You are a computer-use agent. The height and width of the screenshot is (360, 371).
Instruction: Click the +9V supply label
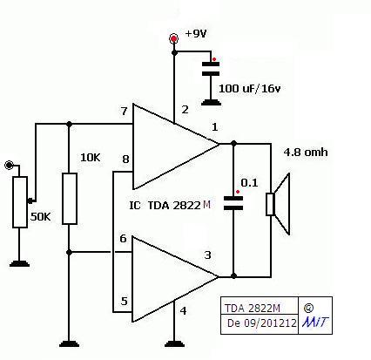coord(196,33)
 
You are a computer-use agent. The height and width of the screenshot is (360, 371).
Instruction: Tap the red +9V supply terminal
coord(174,38)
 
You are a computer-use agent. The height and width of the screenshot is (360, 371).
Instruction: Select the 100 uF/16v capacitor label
coord(250,88)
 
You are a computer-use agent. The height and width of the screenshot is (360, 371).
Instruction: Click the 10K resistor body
coord(70,199)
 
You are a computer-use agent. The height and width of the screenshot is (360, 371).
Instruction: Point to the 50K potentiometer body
coord(20,202)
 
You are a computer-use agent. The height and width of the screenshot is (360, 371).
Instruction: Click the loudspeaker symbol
coord(278,204)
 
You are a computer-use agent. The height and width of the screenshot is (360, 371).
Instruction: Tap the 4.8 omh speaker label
coord(306,153)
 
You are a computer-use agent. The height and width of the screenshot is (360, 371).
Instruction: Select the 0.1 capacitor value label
coord(249,183)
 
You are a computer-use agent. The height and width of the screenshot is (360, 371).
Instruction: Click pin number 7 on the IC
coord(125,112)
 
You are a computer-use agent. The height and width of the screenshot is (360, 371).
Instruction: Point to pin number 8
coord(125,160)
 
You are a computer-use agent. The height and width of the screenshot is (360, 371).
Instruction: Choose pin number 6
coord(123,239)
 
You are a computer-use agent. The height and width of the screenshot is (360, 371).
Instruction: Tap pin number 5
coord(124,301)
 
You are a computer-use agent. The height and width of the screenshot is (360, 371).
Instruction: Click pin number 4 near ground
coord(183,311)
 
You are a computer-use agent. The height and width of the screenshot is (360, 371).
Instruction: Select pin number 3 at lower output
coord(207,255)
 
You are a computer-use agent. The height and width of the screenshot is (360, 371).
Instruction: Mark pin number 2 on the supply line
coord(185,110)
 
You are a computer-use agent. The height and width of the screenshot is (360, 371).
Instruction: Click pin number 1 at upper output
coord(214,127)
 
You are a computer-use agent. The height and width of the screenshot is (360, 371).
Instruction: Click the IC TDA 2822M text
coord(170,206)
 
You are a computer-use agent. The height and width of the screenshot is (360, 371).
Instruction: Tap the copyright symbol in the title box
coord(308,308)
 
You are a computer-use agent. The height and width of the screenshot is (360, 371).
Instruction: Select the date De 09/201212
coord(262,323)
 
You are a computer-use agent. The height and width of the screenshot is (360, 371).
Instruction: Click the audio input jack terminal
coord(9,166)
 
